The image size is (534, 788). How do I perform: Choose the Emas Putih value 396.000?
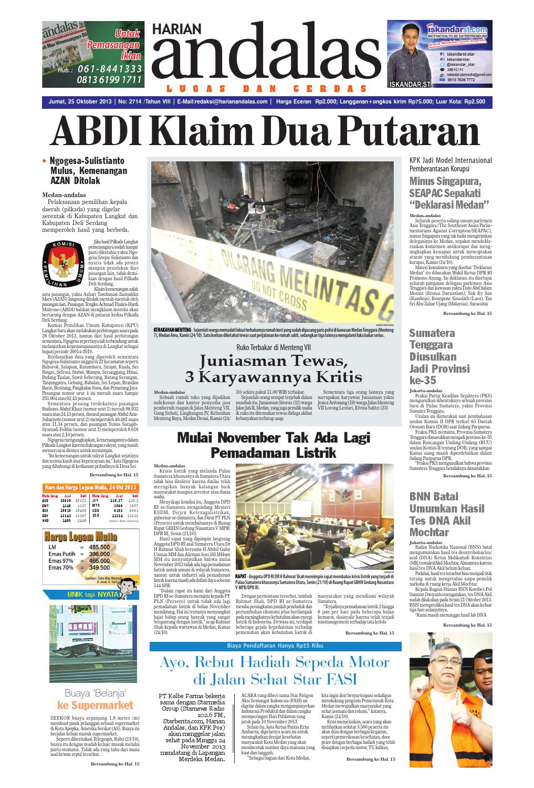99,554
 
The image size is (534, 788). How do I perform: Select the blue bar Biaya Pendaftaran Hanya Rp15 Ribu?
273,645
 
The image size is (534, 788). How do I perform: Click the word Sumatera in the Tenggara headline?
432,333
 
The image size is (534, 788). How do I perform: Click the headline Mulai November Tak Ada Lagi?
274,437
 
